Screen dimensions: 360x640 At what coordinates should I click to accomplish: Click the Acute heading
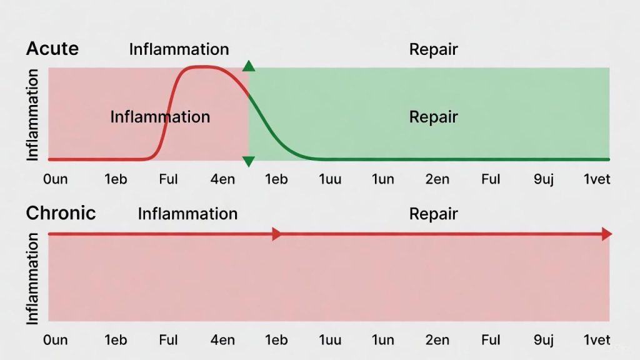(52, 49)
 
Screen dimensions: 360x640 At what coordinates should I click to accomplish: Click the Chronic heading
(61, 213)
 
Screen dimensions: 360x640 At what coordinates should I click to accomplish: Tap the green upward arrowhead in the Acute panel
(249, 66)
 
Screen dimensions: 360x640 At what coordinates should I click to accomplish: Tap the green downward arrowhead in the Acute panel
(249, 162)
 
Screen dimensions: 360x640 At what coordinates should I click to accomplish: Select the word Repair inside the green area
(433, 117)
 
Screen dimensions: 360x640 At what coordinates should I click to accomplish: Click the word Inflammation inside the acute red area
(160, 117)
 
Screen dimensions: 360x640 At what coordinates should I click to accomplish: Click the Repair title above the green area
(433, 49)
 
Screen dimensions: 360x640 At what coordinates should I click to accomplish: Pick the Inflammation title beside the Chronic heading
(187, 214)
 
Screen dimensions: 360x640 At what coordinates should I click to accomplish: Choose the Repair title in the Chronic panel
(433, 214)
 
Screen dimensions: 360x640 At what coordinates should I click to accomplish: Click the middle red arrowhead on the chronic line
(277, 234)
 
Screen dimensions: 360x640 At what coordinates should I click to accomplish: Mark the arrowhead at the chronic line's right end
(606, 234)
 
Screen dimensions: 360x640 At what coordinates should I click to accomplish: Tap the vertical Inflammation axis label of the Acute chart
(33, 114)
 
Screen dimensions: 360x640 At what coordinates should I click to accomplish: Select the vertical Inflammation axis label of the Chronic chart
(33, 278)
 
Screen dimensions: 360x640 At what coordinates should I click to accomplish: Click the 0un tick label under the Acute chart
(56, 179)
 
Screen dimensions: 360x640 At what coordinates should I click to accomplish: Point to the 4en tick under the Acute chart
(223, 179)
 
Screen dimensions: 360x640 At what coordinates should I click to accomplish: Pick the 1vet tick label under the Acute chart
(596, 179)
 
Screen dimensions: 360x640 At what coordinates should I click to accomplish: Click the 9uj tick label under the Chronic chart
(544, 340)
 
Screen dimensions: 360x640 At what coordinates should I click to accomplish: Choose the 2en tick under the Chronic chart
(437, 340)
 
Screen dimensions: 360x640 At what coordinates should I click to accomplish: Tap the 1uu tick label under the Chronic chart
(330, 340)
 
